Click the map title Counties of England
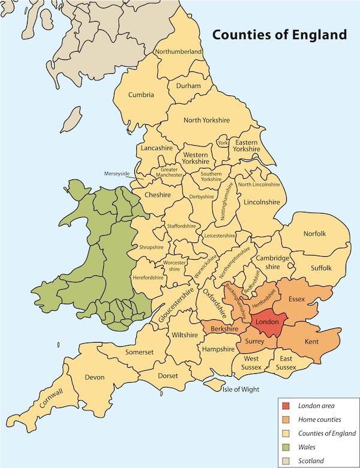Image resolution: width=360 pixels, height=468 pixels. (280, 34)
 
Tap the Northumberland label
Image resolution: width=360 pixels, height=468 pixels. (178, 52)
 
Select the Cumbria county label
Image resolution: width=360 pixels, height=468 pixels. (141, 95)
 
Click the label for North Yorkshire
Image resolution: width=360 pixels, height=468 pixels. (206, 120)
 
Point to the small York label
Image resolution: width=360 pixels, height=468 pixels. (223, 143)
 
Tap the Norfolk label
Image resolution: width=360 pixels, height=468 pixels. (314, 233)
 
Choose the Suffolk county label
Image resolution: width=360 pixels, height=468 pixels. (320, 268)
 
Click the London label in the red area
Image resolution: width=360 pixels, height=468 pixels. (266, 322)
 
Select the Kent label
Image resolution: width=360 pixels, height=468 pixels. (311, 341)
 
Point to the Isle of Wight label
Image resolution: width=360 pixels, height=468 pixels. (241, 389)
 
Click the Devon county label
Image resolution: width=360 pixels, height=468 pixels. (95, 377)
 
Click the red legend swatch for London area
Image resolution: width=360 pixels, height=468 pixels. (286, 406)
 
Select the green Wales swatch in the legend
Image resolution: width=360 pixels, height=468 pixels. (286, 447)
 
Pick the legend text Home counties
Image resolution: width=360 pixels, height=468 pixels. (320, 419)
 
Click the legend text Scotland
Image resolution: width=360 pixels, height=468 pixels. (313, 461)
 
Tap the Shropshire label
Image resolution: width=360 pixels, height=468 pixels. (151, 247)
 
